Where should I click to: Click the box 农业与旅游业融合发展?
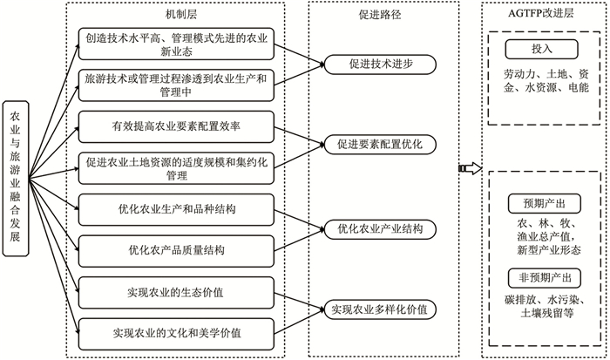17,180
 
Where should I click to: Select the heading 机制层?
183,14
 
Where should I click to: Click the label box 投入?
540,47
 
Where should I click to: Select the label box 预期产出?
540,204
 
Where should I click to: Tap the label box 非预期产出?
540,277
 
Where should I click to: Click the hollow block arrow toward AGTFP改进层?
469,166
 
